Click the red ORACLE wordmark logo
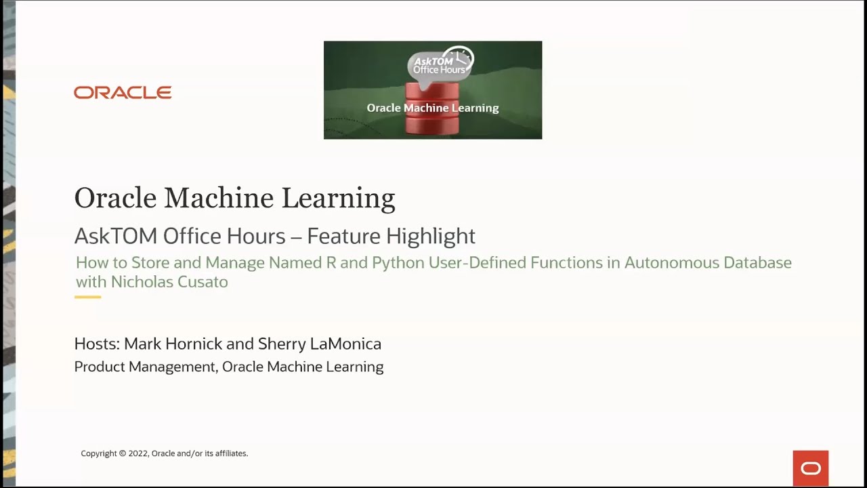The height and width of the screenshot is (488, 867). click(x=123, y=92)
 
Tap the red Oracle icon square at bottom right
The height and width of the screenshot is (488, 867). click(x=810, y=468)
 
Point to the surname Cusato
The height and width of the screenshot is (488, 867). click(x=204, y=282)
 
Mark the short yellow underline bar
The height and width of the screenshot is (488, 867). click(x=87, y=297)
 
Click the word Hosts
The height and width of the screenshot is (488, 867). click(x=96, y=344)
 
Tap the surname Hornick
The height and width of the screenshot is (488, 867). click(x=194, y=344)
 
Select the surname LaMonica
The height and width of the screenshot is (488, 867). click(x=345, y=344)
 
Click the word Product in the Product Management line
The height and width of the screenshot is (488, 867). click(x=99, y=367)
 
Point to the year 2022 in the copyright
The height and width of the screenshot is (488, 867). click(x=138, y=453)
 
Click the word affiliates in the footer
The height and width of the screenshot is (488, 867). click(x=230, y=453)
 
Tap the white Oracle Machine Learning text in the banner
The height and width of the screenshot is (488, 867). click(x=432, y=108)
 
